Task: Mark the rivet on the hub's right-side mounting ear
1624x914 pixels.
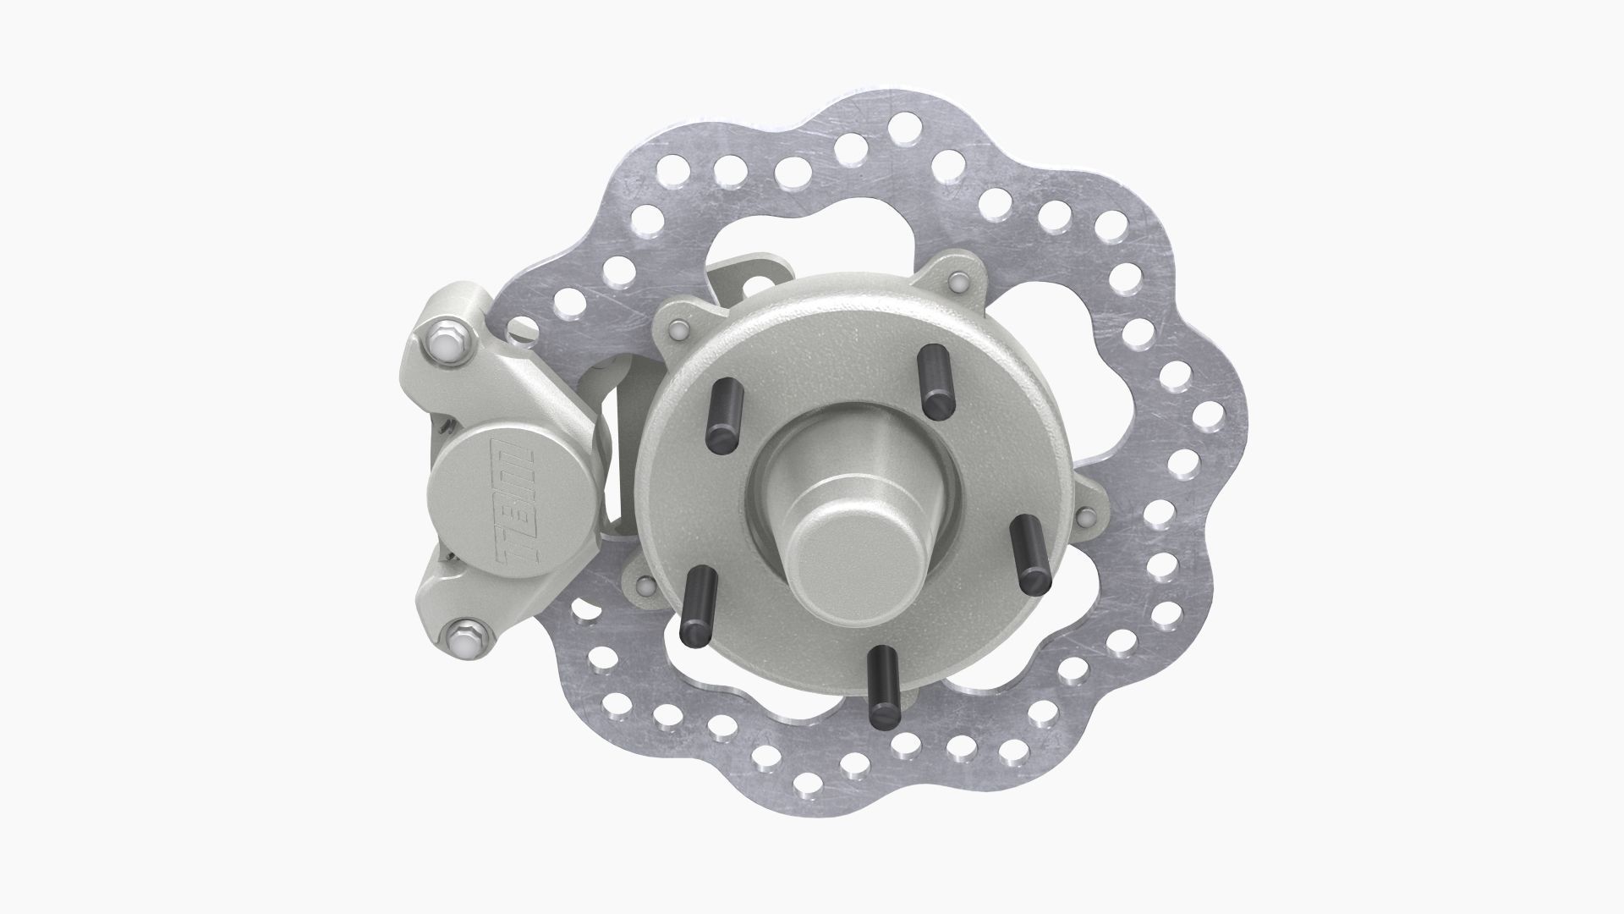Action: pos(1083,516)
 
